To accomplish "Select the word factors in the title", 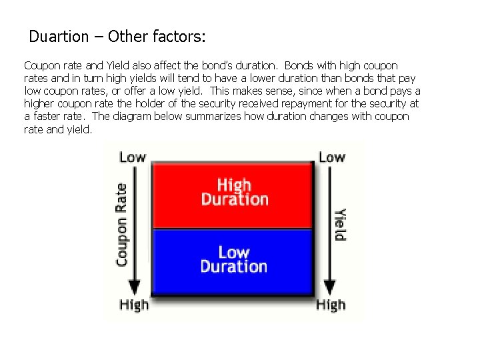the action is [177, 36].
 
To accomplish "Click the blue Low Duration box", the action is [233, 259].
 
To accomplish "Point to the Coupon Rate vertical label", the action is [122, 225].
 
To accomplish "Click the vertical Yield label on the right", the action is [340, 225].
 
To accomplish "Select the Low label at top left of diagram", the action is [132, 157].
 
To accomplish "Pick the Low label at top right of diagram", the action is [331, 157].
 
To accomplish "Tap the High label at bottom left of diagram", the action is [134, 305].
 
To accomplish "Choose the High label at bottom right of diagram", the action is [331, 305].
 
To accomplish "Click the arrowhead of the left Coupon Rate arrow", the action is [135, 287].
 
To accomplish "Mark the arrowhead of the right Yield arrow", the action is [329, 287].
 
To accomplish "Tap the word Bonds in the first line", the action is [300, 66].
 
